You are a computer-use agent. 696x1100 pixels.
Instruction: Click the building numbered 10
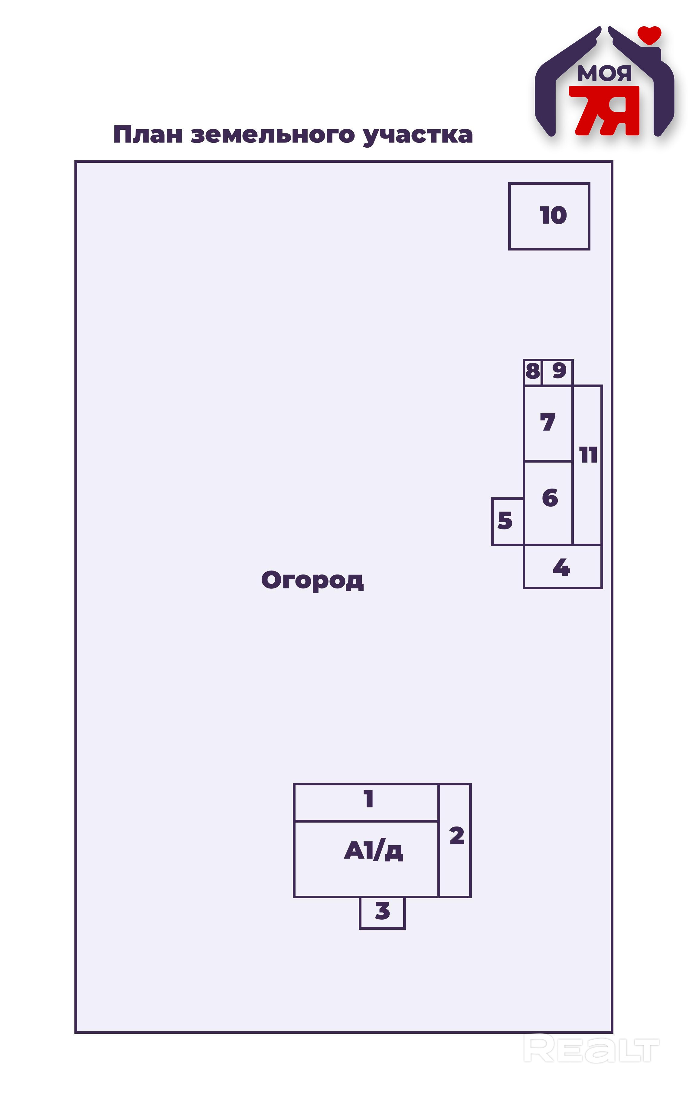[x=549, y=216]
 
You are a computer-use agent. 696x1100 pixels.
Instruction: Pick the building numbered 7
[x=547, y=423]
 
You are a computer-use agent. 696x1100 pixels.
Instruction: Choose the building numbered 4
[x=562, y=566]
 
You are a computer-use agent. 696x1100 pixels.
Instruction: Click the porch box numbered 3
[x=382, y=912]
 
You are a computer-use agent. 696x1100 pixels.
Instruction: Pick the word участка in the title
[x=417, y=136]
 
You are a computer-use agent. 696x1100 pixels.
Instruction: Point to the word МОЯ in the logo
[x=604, y=73]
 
